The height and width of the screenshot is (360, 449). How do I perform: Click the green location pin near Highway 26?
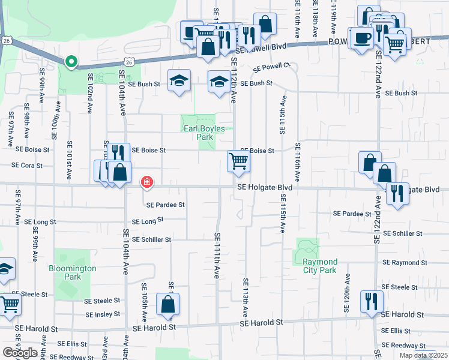[x=71, y=62]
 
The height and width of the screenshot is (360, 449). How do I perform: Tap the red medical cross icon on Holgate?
[x=146, y=182]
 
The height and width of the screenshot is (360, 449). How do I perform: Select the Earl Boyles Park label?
[x=203, y=133]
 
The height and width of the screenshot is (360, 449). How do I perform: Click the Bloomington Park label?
[x=73, y=272]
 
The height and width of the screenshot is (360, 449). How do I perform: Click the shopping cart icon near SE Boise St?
[x=238, y=161]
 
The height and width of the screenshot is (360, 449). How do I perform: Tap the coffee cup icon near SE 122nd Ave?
[x=361, y=38]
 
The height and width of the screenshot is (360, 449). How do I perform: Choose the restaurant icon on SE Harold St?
[x=371, y=301]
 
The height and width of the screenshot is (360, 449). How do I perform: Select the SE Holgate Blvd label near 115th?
[x=265, y=188]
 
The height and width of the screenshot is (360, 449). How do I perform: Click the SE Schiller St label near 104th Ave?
[x=152, y=239]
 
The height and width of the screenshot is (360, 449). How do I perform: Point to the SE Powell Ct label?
[x=271, y=67]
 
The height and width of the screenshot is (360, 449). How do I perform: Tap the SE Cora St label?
[x=28, y=165]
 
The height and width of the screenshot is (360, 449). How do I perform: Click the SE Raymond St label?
[x=405, y=263]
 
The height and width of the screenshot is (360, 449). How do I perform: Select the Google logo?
[x=20, y=353]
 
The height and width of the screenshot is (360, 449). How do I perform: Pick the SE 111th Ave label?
[x=216, y=256]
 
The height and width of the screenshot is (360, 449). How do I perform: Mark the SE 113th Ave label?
[x=246, y=298]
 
